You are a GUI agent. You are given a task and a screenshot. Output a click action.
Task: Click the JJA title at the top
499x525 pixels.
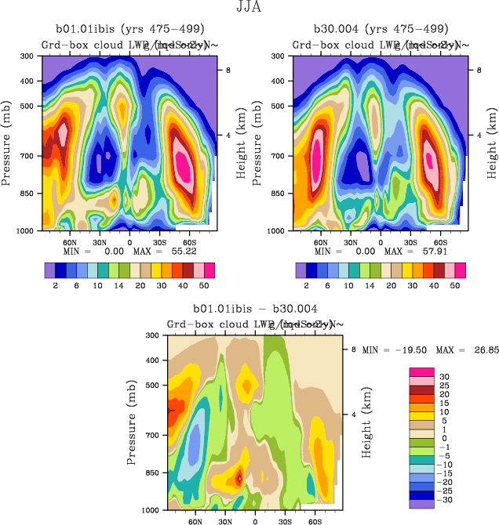click(249, 8)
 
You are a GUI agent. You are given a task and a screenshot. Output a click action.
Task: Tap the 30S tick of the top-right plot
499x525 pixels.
click(410, 243)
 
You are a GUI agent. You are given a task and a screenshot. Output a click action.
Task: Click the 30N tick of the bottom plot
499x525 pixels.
click(224, 520)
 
